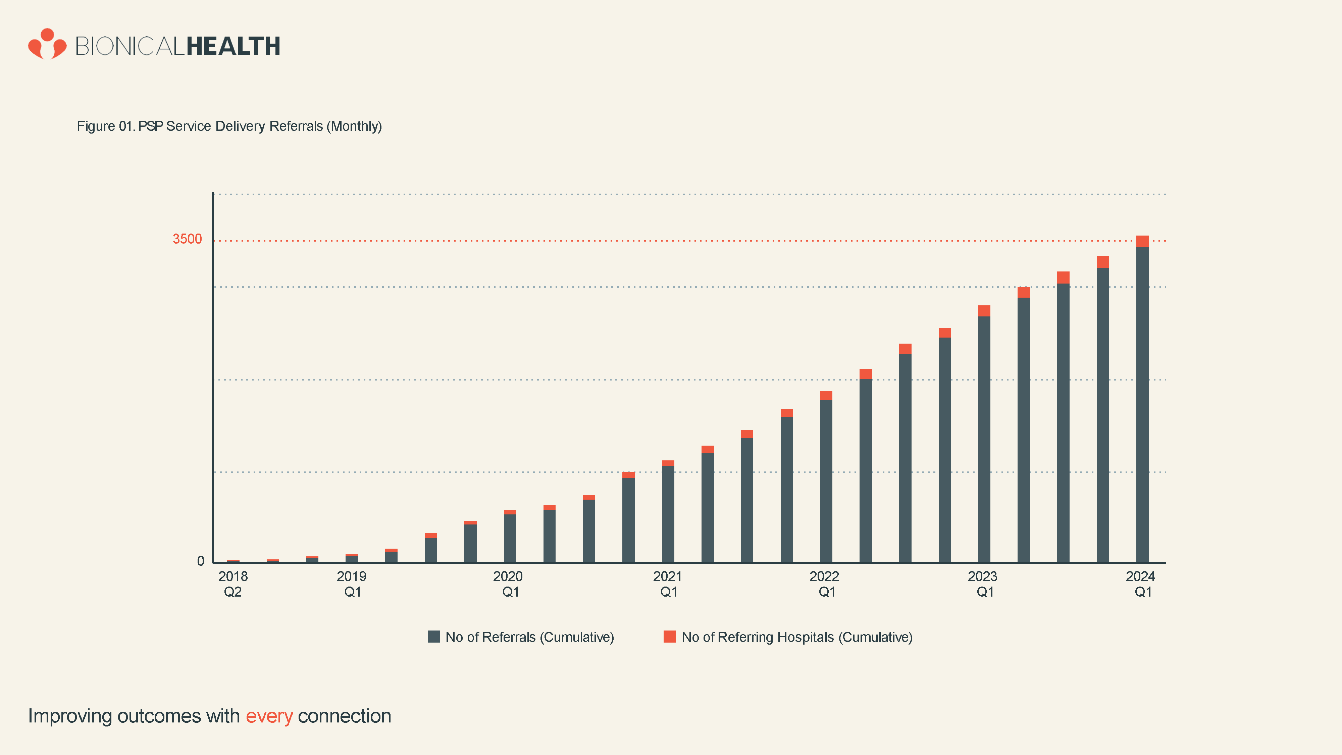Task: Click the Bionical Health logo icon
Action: [47, 44]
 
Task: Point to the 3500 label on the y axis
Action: [187, 239]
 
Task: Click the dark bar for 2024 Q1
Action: [1142, 406]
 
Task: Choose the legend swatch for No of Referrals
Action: [433, 637]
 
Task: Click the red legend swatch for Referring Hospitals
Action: [669, 637]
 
